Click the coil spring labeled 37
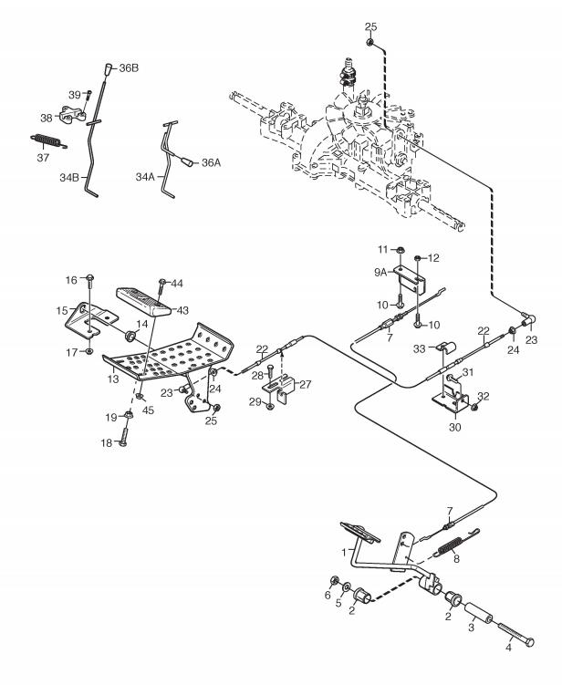tap(48, 140)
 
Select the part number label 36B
tap(129, 68)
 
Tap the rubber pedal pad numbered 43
tap(143, 301)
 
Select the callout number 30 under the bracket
tap(455, 427)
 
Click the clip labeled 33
tap(446, 348)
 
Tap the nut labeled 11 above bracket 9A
tap(401, 250)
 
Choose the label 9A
tap(380, 272)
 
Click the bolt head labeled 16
tap(90, 277)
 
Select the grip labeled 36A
tap(188, 161)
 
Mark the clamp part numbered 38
tap(73, 114)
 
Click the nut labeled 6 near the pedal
tap(334, 581)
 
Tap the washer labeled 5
tap(346, 586)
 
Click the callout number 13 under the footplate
tap(113, 379)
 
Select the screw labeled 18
tap(122, 436)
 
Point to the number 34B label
tap(69, 178)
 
